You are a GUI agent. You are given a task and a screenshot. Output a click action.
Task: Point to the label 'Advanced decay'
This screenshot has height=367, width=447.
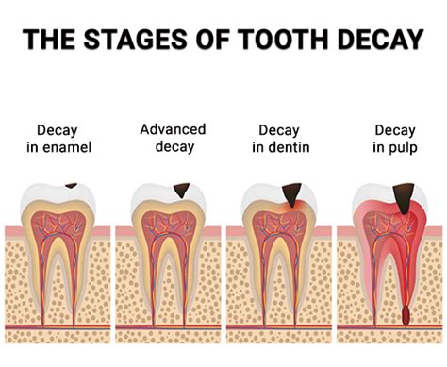[173, 137]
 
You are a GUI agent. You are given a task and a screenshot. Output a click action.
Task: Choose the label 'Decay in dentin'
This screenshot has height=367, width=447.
[282, 139]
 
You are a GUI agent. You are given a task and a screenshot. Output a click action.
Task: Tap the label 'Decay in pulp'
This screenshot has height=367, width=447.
[394, 139]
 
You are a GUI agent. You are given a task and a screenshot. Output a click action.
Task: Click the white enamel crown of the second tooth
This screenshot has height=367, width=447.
[151, 194]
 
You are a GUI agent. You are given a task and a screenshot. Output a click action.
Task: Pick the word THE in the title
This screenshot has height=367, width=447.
[48, 41]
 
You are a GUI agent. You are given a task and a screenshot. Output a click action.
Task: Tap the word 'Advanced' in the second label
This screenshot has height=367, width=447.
[173, 129]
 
